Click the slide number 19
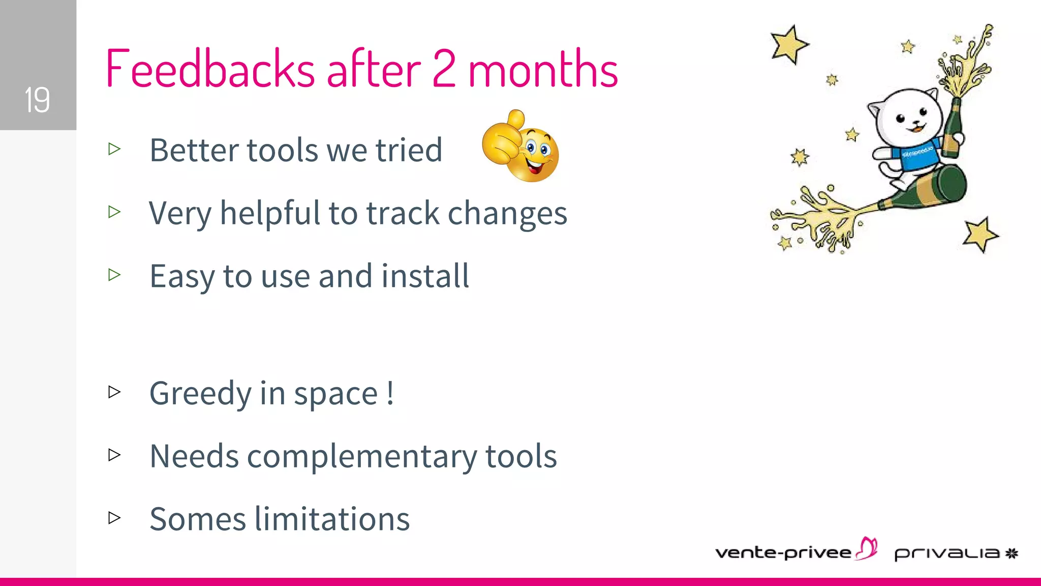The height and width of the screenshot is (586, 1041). coord(37,99)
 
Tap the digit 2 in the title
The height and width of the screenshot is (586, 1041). coord(444,69)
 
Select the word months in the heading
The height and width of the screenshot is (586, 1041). coord(543,69)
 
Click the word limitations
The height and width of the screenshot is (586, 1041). coord(332,519)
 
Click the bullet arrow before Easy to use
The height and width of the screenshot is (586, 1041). coord(114,275)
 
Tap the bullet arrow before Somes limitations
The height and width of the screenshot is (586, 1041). coord(114,518)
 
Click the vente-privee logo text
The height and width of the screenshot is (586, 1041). coord(783,553)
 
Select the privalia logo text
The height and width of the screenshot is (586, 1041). coord(947,553)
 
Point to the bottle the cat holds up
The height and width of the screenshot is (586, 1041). coord(952,127)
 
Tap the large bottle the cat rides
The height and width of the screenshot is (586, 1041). coord(930,191)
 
